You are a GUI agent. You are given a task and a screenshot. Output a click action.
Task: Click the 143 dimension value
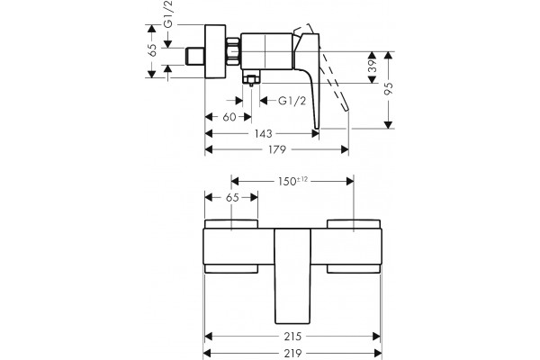(264, 133)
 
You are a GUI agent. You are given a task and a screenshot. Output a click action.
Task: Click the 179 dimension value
(277, 149)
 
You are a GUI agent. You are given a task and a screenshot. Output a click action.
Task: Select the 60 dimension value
(229, 117)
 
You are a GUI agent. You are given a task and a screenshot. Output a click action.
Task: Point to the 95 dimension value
(389, 88)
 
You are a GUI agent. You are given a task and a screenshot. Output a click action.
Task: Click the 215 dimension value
(292, 337)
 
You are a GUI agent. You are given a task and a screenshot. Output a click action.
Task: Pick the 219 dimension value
(292, 353)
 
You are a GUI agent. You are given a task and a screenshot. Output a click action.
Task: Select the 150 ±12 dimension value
(293, 181)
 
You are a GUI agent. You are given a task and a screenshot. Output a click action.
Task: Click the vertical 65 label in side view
(152, 50)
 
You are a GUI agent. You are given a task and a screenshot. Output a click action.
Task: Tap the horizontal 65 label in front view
(232, 198)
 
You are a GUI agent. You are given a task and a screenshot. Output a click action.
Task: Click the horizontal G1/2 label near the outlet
(292, 101)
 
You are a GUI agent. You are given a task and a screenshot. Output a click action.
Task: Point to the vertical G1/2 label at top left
(168, 14)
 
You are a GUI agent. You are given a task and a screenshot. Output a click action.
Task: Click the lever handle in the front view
(292, 276)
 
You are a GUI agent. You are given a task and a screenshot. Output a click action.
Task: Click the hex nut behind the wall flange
(233, 51)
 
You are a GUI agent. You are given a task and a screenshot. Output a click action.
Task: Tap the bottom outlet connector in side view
(251, 79)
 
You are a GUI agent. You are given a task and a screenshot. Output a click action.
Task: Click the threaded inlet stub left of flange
(195, 56)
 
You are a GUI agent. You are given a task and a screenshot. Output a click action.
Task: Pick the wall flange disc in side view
(215, 51)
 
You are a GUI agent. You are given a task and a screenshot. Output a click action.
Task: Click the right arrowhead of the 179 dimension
(345, 149)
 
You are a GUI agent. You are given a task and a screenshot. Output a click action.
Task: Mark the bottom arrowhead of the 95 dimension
(389, 125)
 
